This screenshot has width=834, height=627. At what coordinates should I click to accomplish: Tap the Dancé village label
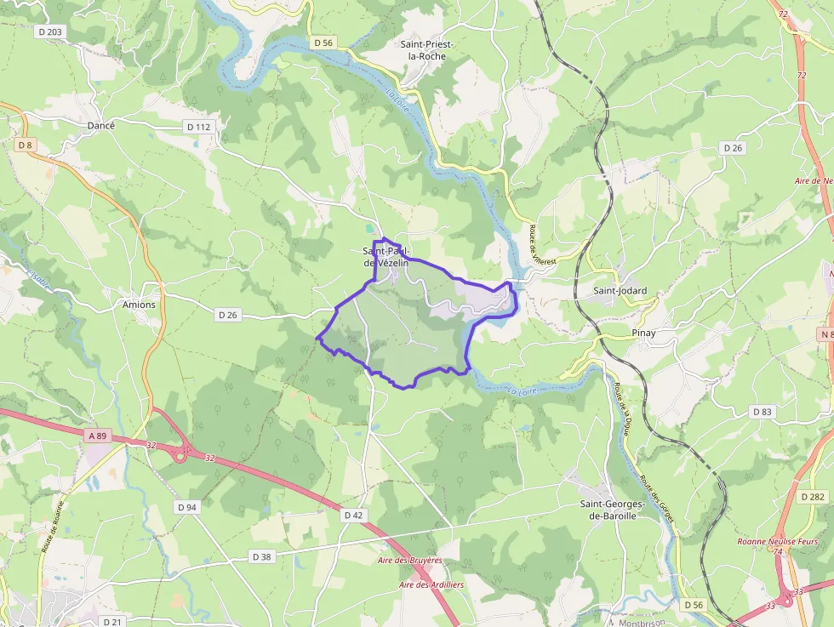[100, 125]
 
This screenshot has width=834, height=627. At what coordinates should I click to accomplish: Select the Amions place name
[139, 305]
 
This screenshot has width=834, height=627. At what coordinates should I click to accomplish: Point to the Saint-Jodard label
[620, 291]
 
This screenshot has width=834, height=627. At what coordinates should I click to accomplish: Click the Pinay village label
[643, 333]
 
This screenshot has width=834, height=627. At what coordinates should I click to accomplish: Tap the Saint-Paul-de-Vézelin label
[386, 257]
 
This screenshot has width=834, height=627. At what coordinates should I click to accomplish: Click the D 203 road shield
[50, 31]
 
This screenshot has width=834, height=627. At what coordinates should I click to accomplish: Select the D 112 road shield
[197, 127]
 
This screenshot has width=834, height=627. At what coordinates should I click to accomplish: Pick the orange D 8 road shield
[24, 145]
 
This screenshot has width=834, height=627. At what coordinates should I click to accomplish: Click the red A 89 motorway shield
[98, 436]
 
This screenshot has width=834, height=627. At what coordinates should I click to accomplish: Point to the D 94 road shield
[187, 507]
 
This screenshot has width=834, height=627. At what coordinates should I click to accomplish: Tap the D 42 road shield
[353, 515]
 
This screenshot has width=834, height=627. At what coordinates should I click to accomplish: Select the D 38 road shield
[261, 556]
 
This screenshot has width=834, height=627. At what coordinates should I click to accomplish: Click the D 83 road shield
[762, 412]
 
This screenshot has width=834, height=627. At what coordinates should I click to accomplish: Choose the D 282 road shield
[813, 496]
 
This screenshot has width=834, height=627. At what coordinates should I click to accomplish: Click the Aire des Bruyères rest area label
[410, 561]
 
